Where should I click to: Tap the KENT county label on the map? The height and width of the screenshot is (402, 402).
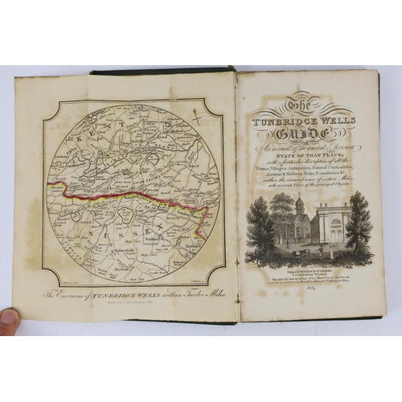(x=84, y=129)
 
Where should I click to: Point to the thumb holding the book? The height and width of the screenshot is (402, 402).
(x=8, y=317)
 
